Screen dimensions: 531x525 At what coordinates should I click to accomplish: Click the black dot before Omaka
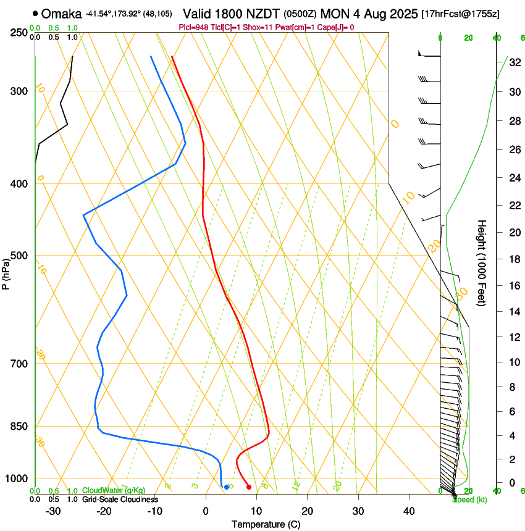(x=35, y=13)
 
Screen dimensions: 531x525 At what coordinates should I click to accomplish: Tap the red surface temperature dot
(x=249, y=487)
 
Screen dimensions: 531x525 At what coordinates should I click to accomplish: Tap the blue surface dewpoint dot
(x=227, y=487)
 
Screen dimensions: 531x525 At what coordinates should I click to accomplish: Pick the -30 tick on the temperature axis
(x=53, y=511)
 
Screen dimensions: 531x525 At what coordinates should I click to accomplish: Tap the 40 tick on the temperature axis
(x=408, y=511)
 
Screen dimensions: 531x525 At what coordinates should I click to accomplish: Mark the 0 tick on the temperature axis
(x=206, y=511)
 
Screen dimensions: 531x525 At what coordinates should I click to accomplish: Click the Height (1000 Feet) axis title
(x=482, y=263)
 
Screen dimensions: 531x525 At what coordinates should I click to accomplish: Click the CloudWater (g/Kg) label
(x=114, y=491)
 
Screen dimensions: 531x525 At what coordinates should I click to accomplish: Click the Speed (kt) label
(x=469, y=500)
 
